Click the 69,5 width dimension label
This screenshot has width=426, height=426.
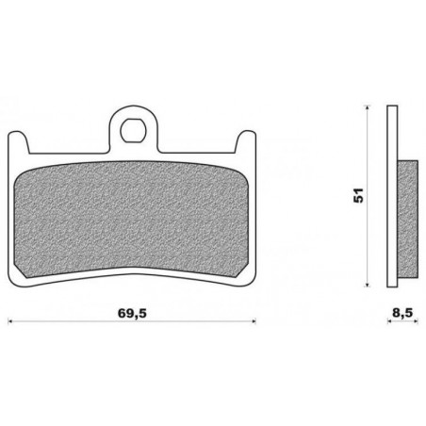[132, 313]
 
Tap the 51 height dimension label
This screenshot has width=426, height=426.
[358, 195]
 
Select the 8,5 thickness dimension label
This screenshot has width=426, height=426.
[401, 313]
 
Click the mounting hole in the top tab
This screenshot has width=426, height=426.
[133, 130]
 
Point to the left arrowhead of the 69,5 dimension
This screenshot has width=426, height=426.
[9, 321]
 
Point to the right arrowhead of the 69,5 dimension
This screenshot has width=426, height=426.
[254, 321]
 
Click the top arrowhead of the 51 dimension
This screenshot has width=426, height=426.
[367, 107]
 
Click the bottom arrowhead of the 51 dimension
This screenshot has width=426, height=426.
[367, 285]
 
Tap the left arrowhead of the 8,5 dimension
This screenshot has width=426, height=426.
[389, 321]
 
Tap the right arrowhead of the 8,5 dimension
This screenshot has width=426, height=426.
[416, 321]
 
